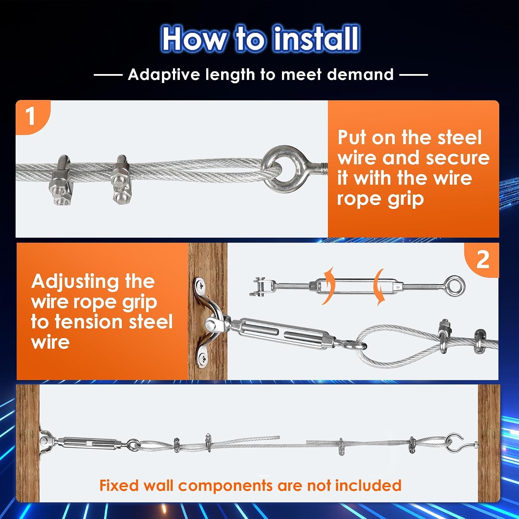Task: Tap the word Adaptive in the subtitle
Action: (x=164, y=74)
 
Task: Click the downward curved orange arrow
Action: (x=380, y=287)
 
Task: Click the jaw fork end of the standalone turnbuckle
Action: (x=258, y=286)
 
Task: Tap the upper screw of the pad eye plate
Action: (x=200, y=286)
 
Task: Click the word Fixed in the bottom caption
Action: (x=119, y=485)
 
